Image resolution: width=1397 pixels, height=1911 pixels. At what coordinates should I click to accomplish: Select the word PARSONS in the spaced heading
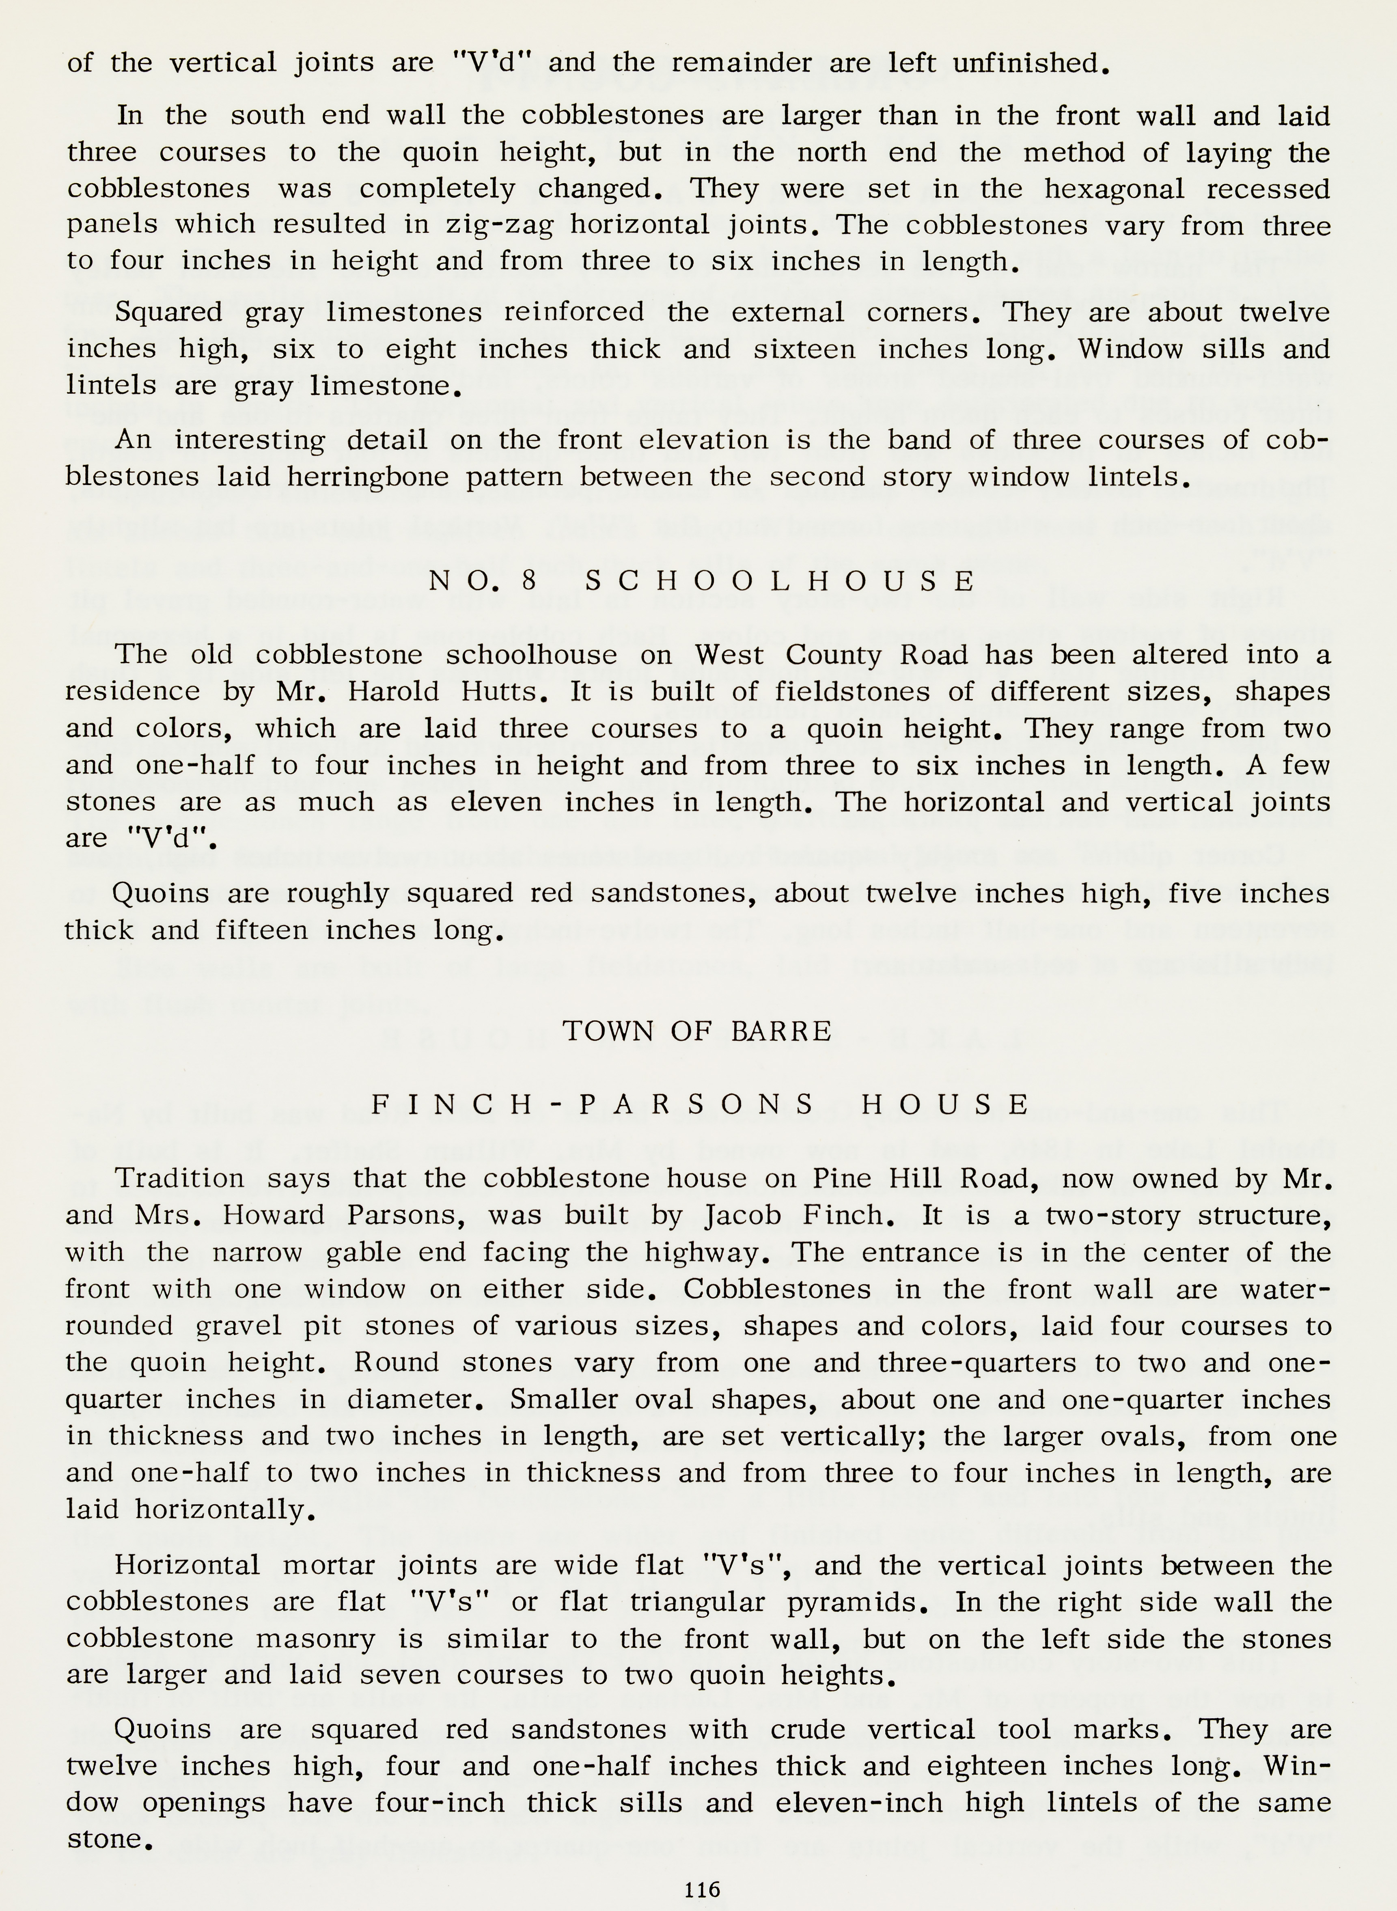tap(698, 1104)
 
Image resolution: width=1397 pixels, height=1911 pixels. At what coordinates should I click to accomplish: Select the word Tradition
tap(179, 1179)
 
